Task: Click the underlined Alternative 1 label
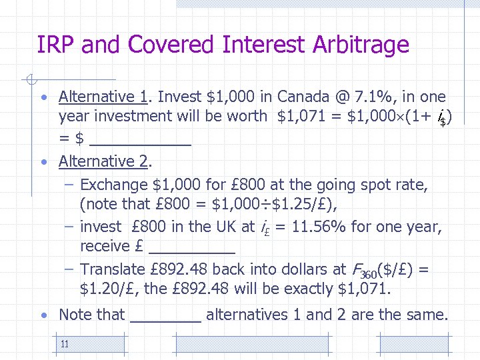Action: pos(103,97)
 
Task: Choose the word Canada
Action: pos(303,97)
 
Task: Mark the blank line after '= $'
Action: pos(140,140)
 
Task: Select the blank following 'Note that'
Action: pos(166,315)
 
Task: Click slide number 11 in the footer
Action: pos(65,344)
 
